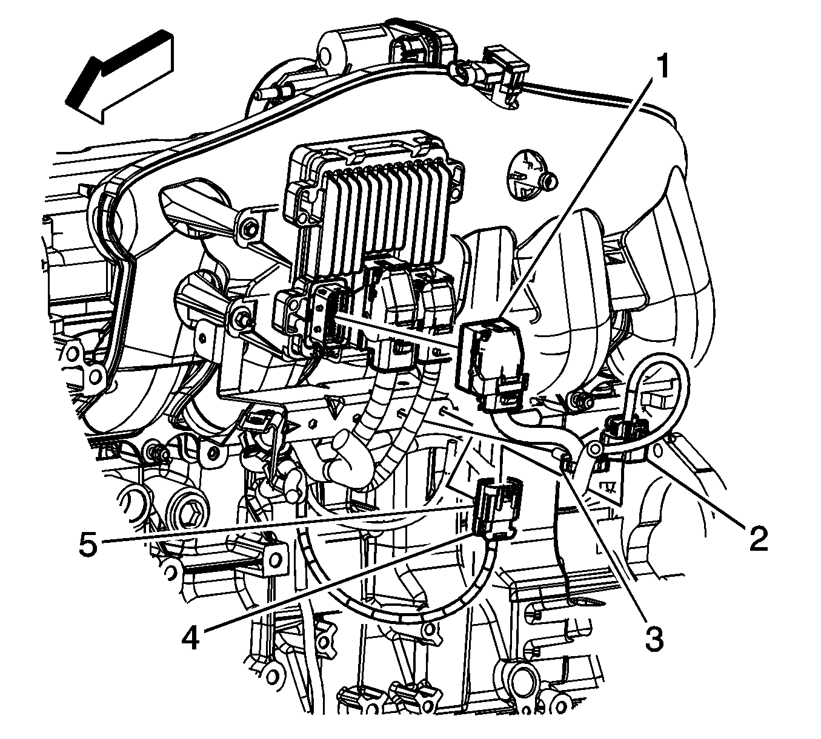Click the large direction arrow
click(x=119, y=77)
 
